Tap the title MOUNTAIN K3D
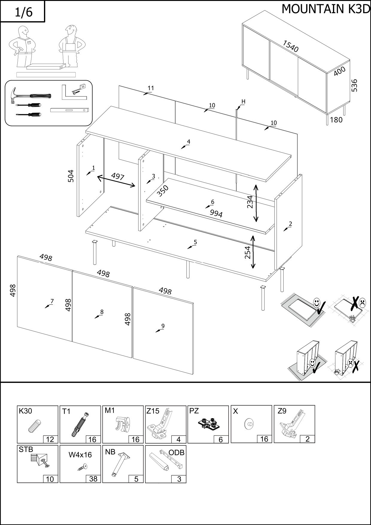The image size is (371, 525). pyautogui.click(x=326, y=9)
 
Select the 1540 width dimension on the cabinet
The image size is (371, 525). pyautogui.click(x=291, y=46)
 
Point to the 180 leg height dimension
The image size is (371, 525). pyautogui.click(x=336, y=120)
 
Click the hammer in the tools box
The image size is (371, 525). pyautogui.click(x=30, y=95)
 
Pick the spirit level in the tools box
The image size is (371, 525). pyautogui.click(x=70, y=110)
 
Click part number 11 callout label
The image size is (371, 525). pyautogui.click(x=151, y=88)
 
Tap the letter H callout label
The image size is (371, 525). pyautogui.click(x=243, y=102)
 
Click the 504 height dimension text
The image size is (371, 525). pyautogui.click(x=71, y=176)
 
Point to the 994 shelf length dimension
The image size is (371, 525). pyautogui.click(x=216, y=213)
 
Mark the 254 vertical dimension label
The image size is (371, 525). pyautogui.click(x=247, y=252)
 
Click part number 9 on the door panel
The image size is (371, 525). pyautogui.click(x=163, y=326)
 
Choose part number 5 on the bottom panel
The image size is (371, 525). pyautogui.click(x=195, y=242)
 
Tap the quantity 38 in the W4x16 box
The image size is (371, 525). pyautogui.click(x=93, y=479)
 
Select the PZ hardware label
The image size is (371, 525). pyautogui.click(x=194, y=411)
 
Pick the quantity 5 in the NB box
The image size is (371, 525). pyautogui.click(x=136, y=479)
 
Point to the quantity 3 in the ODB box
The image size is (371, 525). pyautogui.click(x=179, y=479)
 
